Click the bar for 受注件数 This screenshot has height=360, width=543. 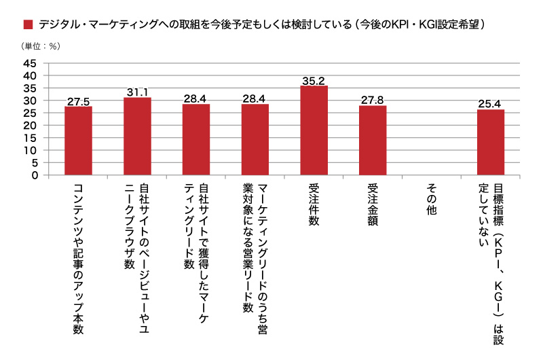[314, 130]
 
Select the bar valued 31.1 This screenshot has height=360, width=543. [137, 136]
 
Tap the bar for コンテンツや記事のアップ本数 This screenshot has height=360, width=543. [78, 140]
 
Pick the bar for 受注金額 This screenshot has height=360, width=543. [373, 140]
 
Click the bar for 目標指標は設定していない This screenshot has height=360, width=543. [491, 142]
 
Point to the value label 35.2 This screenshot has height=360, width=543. [314, 79]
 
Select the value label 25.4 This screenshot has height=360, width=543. [491, 103]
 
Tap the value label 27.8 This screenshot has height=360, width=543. [373, 100]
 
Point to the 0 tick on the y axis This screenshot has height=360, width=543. [33, 175]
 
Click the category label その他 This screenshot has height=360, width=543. [432, 200]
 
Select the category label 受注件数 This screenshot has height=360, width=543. [314, 206]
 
